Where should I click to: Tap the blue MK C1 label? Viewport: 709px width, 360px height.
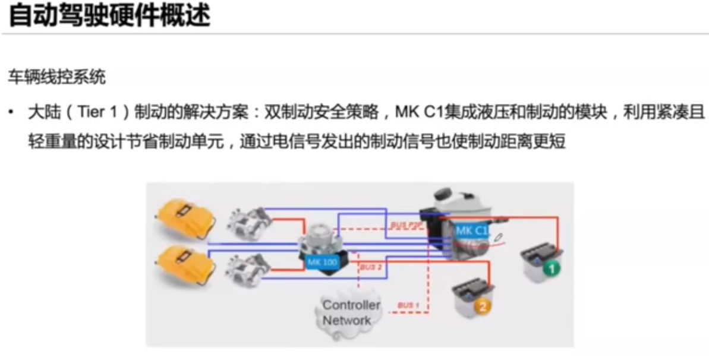coord(471,230)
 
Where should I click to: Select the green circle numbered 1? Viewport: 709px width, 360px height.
coord(552,269)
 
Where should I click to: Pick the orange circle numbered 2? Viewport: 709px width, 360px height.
coord(482,307)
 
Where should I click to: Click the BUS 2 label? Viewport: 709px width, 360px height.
coord(371,268)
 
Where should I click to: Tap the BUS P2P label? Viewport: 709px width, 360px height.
coord(404,226)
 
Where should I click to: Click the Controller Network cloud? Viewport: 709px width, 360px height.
coord(351,312)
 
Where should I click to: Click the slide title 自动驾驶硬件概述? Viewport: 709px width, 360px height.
coord(109,16)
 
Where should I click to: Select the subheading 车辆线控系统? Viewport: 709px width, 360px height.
coord(48,77)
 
